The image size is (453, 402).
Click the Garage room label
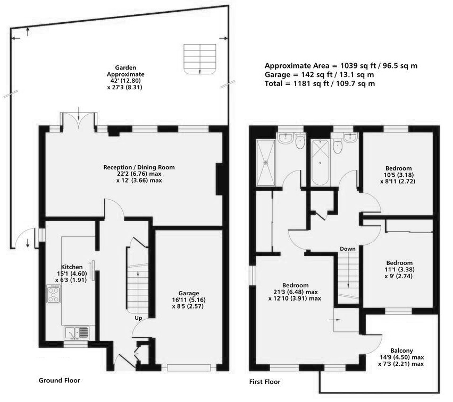pos(189,293)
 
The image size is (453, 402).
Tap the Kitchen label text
pos(72,267)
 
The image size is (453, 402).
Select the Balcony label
pos(401,350)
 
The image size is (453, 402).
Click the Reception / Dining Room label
pos(139,167)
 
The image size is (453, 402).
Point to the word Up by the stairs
pos(138,318)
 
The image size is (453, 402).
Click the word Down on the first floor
pos(348,249)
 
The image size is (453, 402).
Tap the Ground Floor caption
pos(60,380)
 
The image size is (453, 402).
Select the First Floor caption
pos(265,382)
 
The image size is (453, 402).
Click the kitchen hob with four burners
pos(54,294)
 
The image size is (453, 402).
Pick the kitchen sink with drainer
pos(77,332)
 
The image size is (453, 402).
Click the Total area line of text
pos(320,84)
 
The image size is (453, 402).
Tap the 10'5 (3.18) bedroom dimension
pos(399,175)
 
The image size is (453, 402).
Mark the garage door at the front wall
pos(189,367)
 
